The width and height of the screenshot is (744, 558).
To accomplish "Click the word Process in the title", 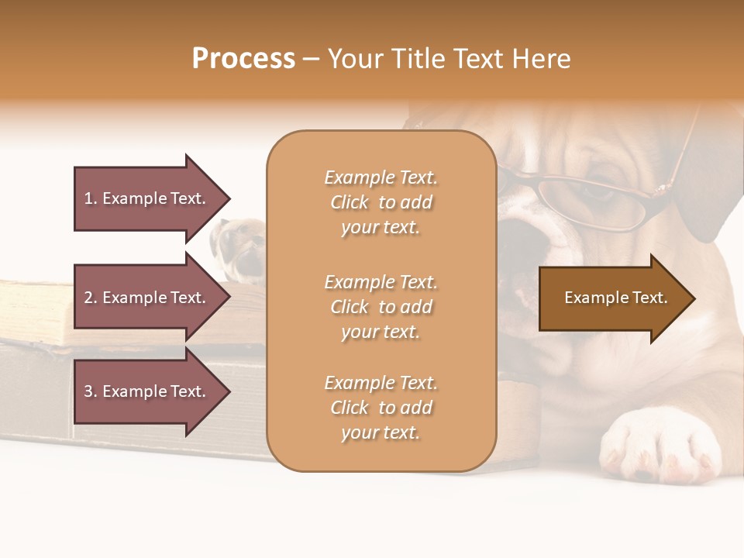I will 243,59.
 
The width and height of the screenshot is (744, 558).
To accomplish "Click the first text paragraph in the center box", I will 381,202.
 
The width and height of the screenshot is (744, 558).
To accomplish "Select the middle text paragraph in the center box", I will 381,307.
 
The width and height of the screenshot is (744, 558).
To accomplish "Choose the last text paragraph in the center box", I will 381,408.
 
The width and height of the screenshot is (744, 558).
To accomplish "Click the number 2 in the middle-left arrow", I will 88,298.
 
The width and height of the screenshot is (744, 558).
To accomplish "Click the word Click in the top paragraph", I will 350,202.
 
